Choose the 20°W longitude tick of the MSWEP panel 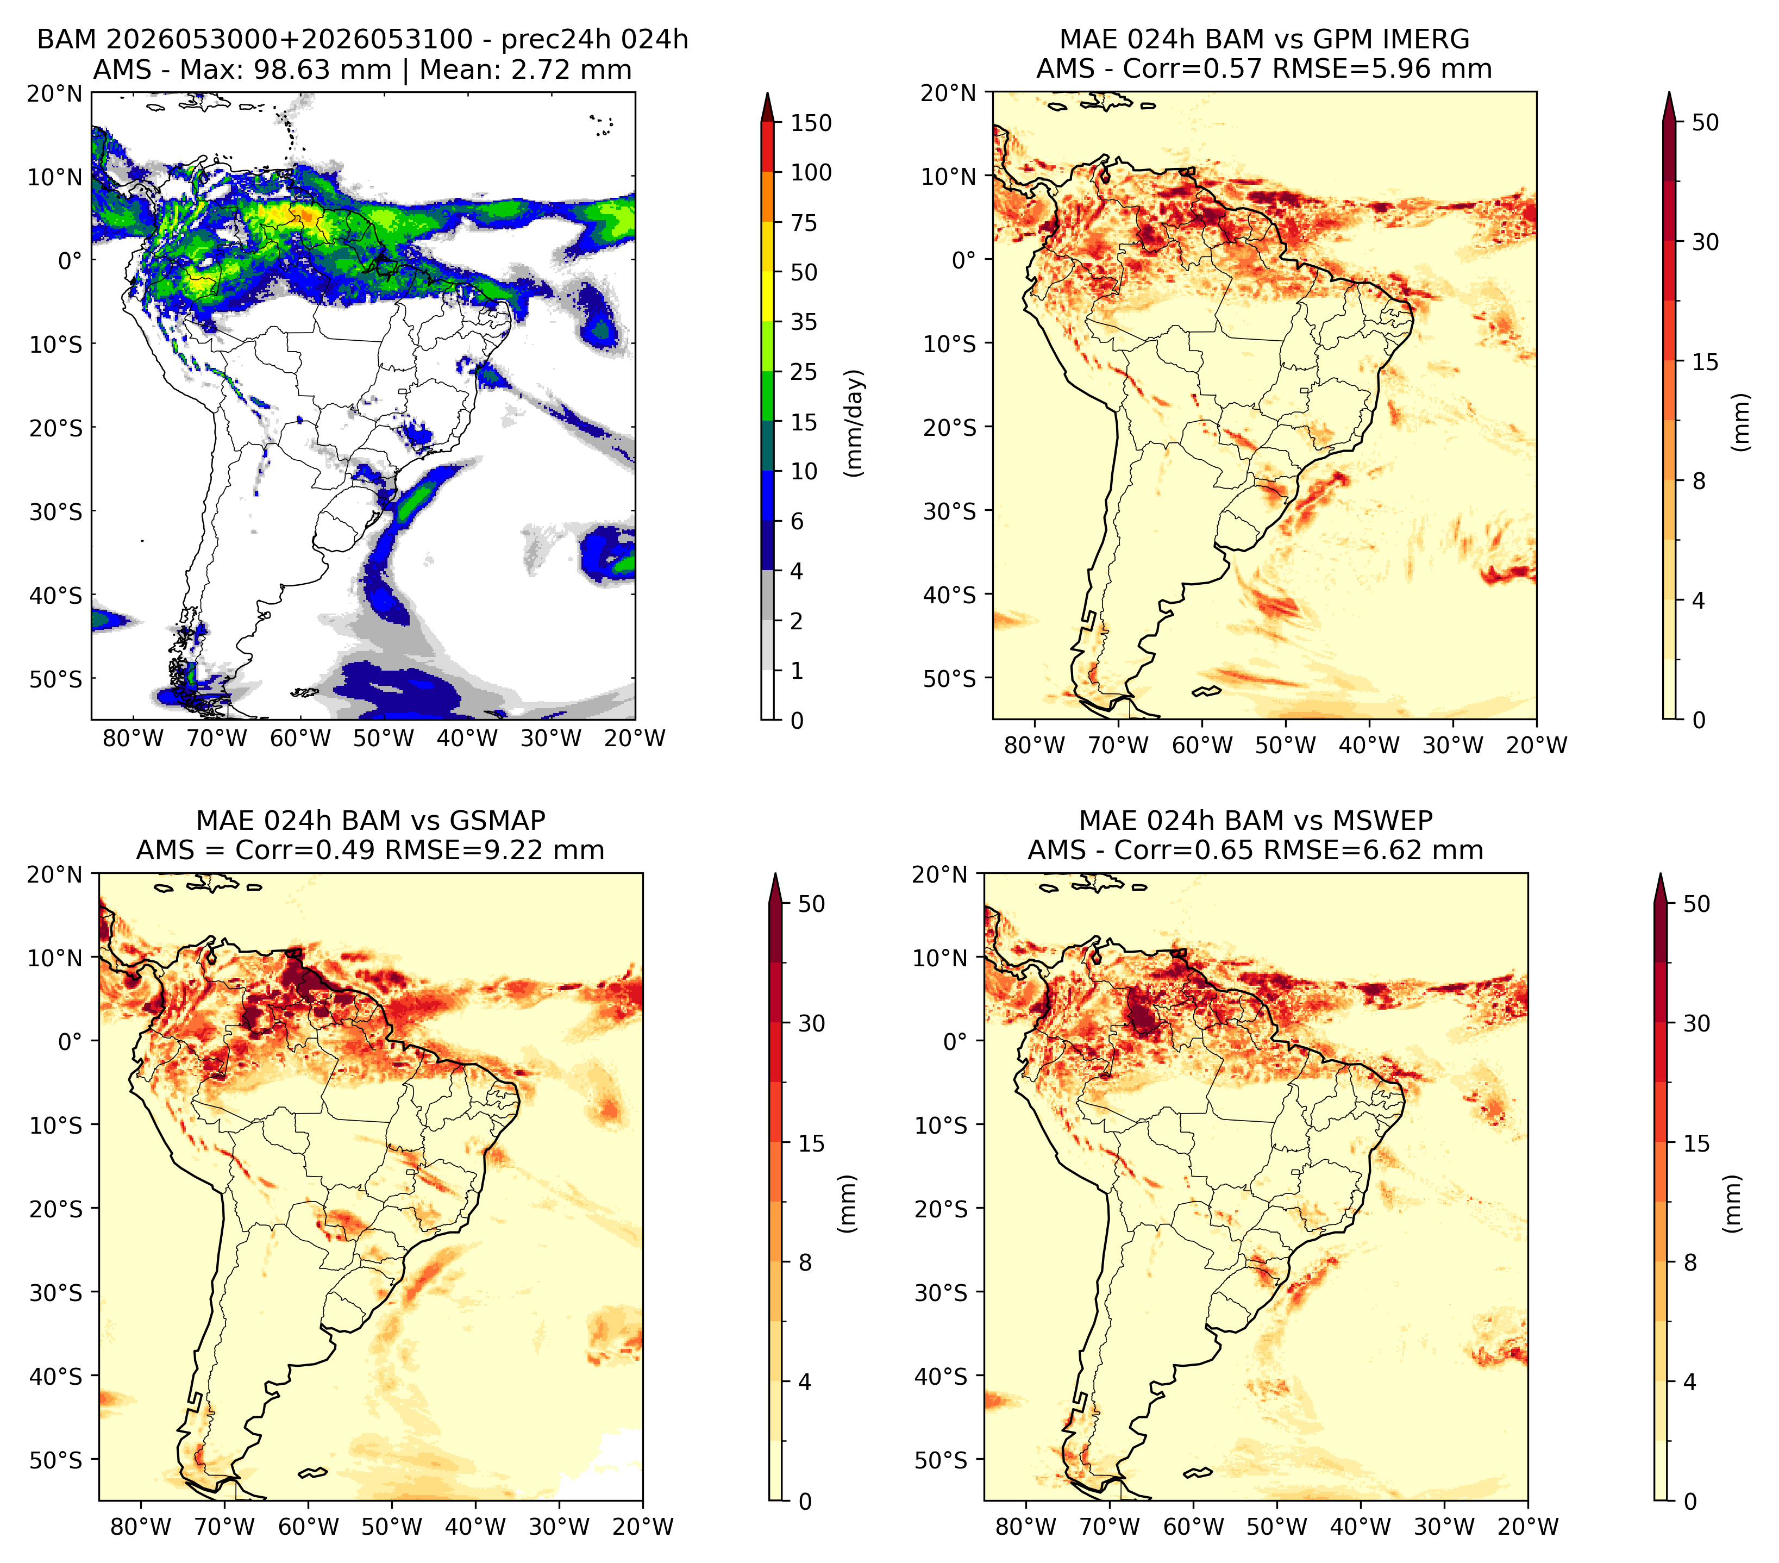pyautogui.click(x=1527, y=1527)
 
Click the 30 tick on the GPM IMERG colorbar pyautogui.click(x=1706, y=242)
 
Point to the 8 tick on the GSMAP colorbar pyautogui.click(x=805, y=1263)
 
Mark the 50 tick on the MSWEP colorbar pyautogui.click(x=1697, y=904)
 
